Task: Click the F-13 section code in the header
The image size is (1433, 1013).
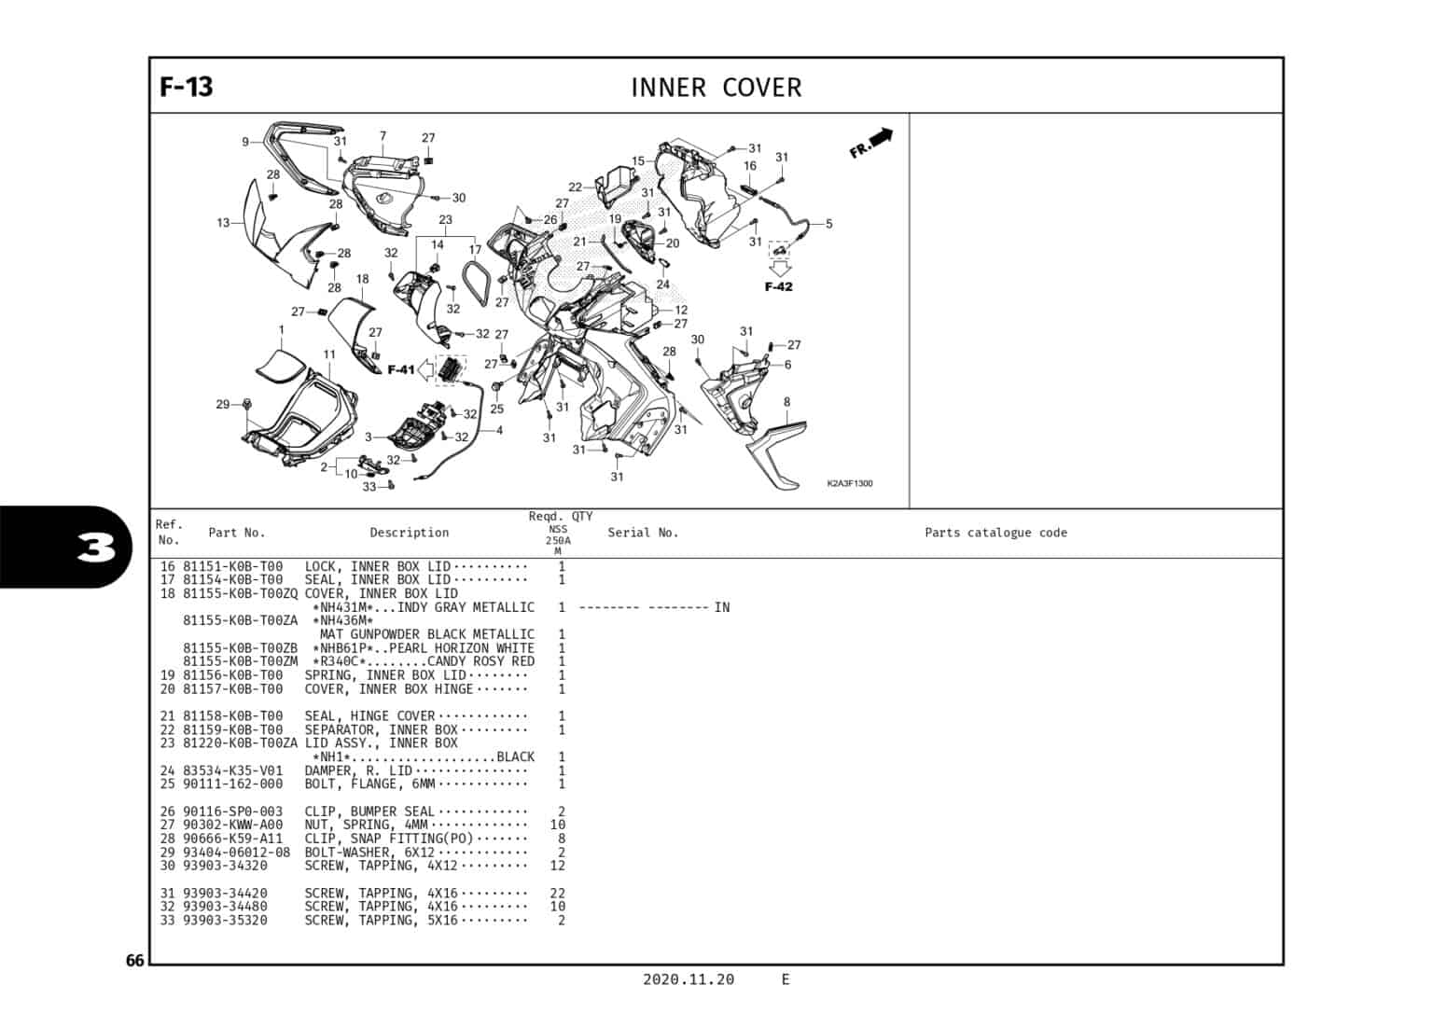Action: pyautogui.click(x=187, y=87)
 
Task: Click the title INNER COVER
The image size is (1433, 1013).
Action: pyautogui.click(x=716, y=88)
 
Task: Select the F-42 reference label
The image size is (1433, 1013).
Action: pyautogui.click(x=778, y=286)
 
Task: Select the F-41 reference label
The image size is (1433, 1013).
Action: pyautogui.click(x=401, y=370)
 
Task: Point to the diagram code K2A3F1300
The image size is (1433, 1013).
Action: pyautogui.click(x=849, y=483)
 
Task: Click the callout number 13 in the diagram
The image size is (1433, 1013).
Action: pyautogui.click(x=223, y=223)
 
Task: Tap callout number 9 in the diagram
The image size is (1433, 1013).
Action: pyautogui.click(x=245, y=142)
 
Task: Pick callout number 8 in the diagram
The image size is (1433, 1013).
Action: pyautogui.click(x=786, y=402)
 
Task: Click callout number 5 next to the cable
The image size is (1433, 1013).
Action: pyautogui.click(x=828, y=224)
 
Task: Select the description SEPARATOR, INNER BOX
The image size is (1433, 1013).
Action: pyautogui.click(x=381, y=729)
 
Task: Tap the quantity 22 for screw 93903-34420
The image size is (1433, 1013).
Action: pyautogui.click(x=557, y=893)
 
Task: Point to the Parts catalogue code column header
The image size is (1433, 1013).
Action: pyautogui.click(x=995, y=533)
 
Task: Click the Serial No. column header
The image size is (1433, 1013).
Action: pyautogui.click(x=643, y=533)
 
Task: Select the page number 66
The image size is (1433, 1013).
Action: pyautogui.click(x=135, y=961)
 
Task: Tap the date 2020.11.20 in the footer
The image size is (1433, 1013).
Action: pyautogui.click(x=689, y=979)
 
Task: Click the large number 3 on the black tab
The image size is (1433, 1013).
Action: pyautogui.click(x=96, y=548)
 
